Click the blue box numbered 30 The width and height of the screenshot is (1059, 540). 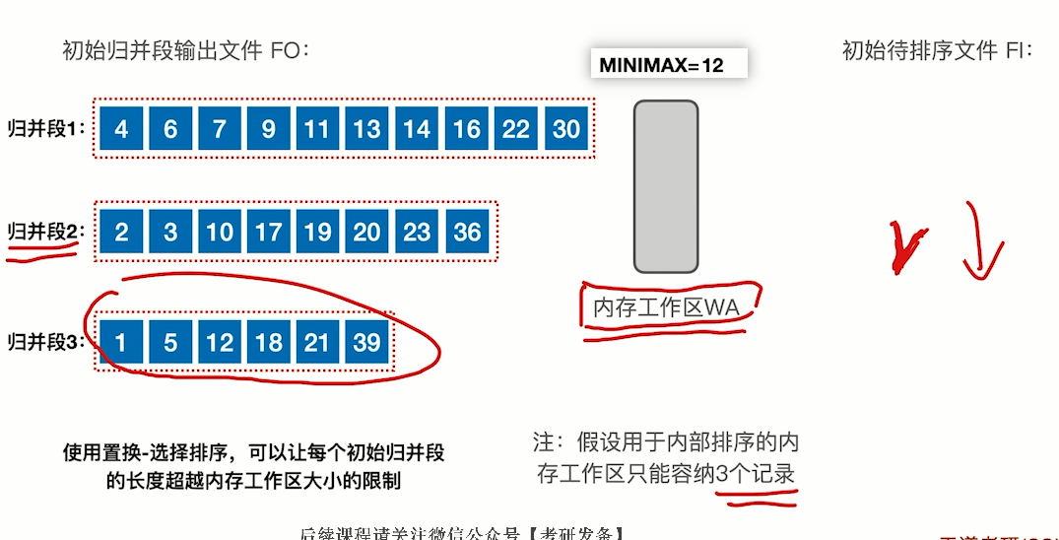pyautogui.click(x=566, y=129)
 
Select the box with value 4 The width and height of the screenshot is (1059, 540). pyautogui.click(x=121, y=129)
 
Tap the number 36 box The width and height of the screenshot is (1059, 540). pyautogui.click(x=468, y=232)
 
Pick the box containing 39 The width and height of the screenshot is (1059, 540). pyautogui.click(x=367, y=342)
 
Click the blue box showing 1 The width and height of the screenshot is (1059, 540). pyautogui.click(x=121, y=342)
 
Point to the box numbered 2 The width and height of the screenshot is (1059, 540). pyautogui.click(x=121, y=232)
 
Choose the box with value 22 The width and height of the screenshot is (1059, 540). pyautogui.click(x=516, y=129)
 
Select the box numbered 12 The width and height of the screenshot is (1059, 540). pyautogui.click(x=220, y=342)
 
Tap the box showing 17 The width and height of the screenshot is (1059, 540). pyautogui.click(x=269, y=232)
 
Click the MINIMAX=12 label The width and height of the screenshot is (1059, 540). pyautogui.click(x=662, y=65)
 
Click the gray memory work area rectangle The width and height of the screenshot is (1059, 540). pyautogui.click(x=665, y=186)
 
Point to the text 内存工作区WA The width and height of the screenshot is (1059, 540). pyautogui.click(x=665, y=308)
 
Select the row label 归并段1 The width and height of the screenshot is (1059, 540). pyautogui.click(x=46, y=128)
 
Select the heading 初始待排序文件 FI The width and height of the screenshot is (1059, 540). pyautogui.click(x=937, y=50)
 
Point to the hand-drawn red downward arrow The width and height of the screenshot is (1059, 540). pyautogui.click(x=981, y=242)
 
